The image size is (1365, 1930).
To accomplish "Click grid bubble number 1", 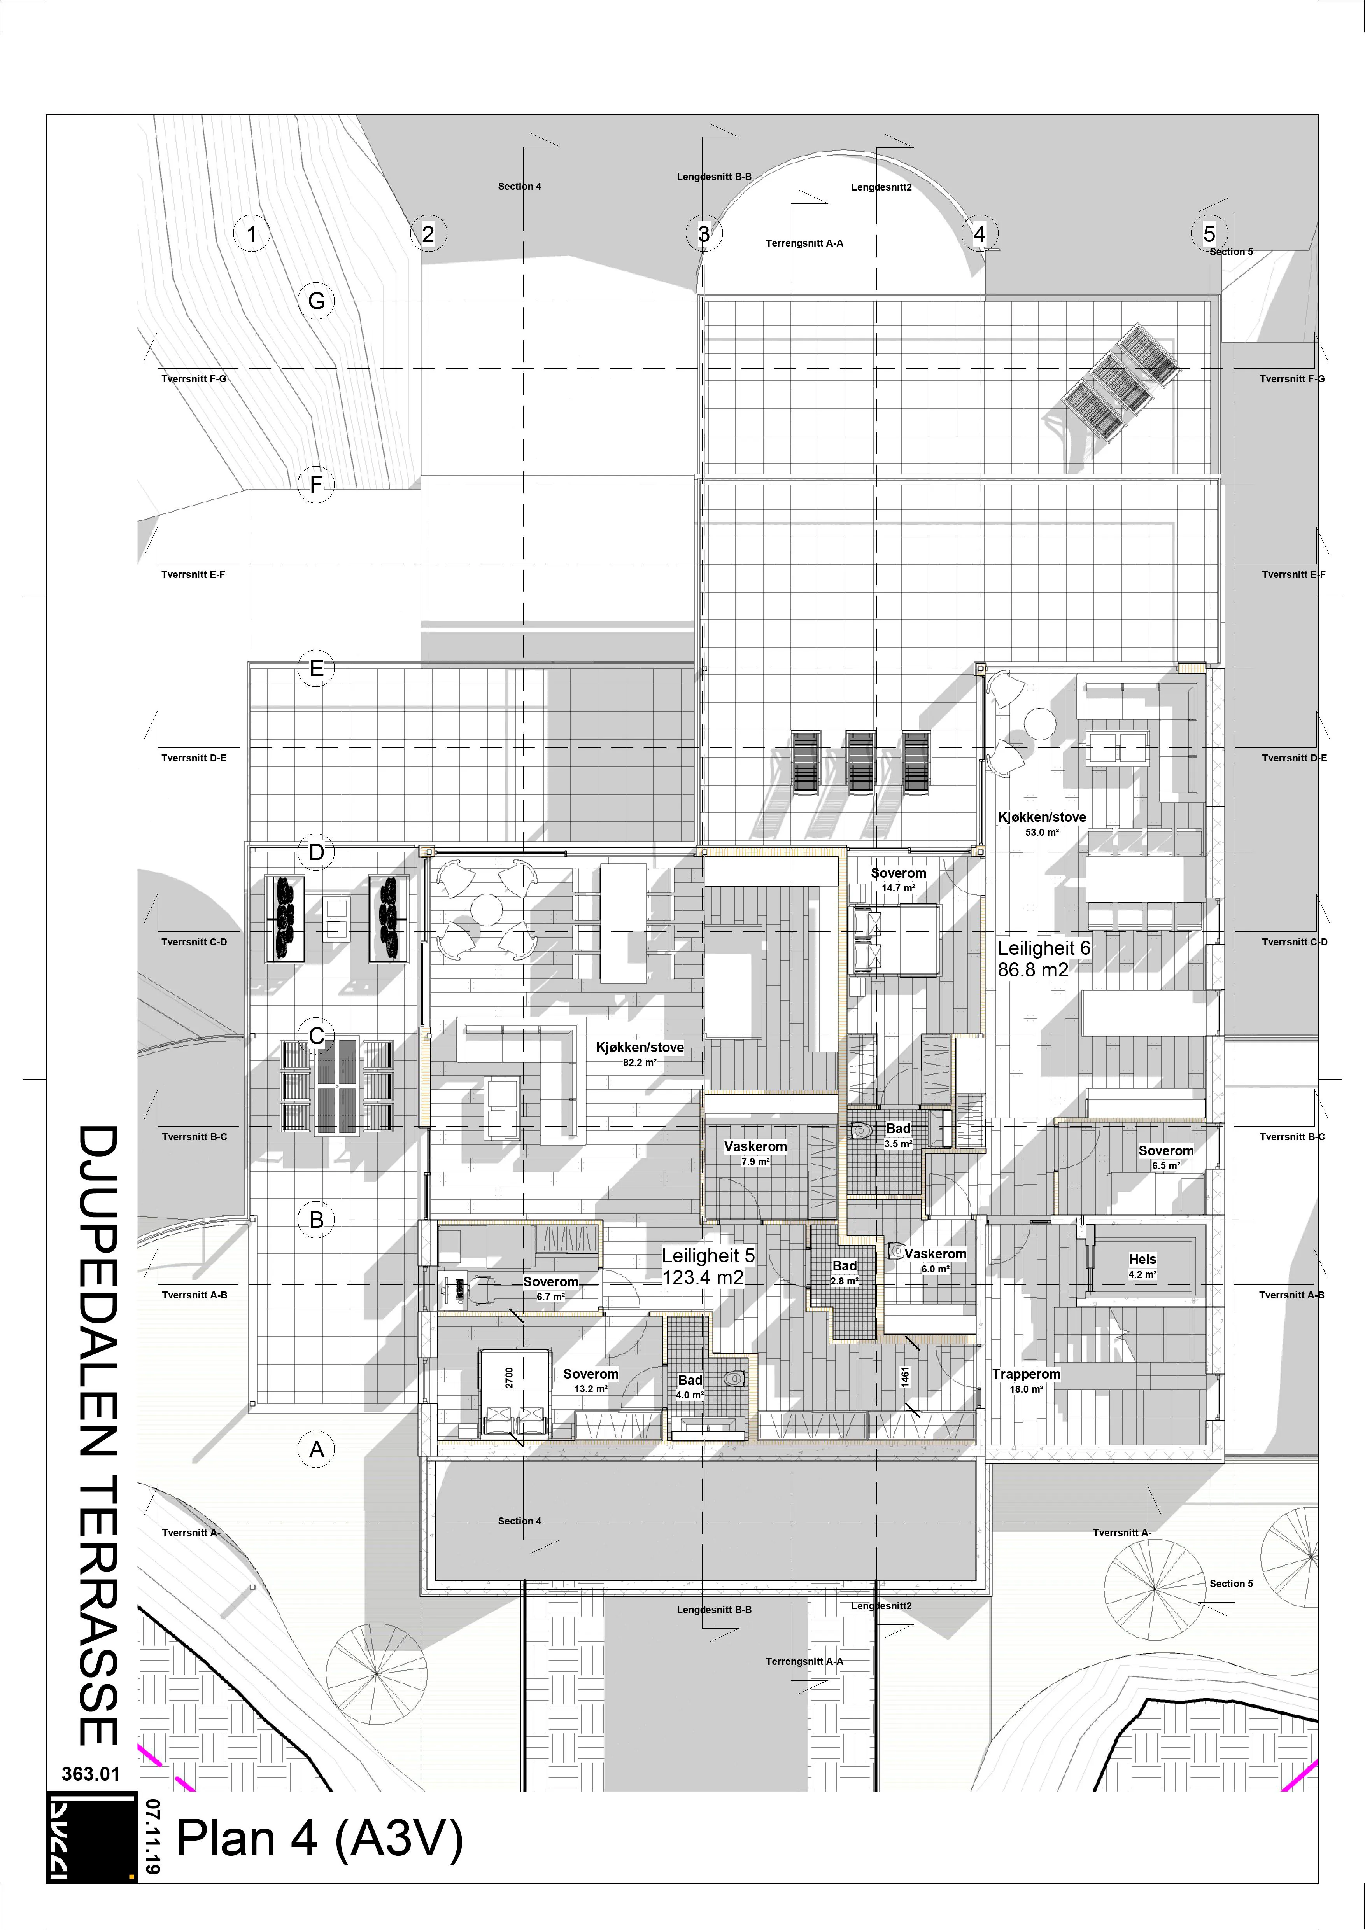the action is coord(251,234).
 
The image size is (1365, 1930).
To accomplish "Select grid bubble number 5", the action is coord(1209,234).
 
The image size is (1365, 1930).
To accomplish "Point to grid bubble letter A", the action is coord(316,1449).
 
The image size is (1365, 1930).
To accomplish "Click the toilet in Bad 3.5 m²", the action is coord(860,1130).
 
